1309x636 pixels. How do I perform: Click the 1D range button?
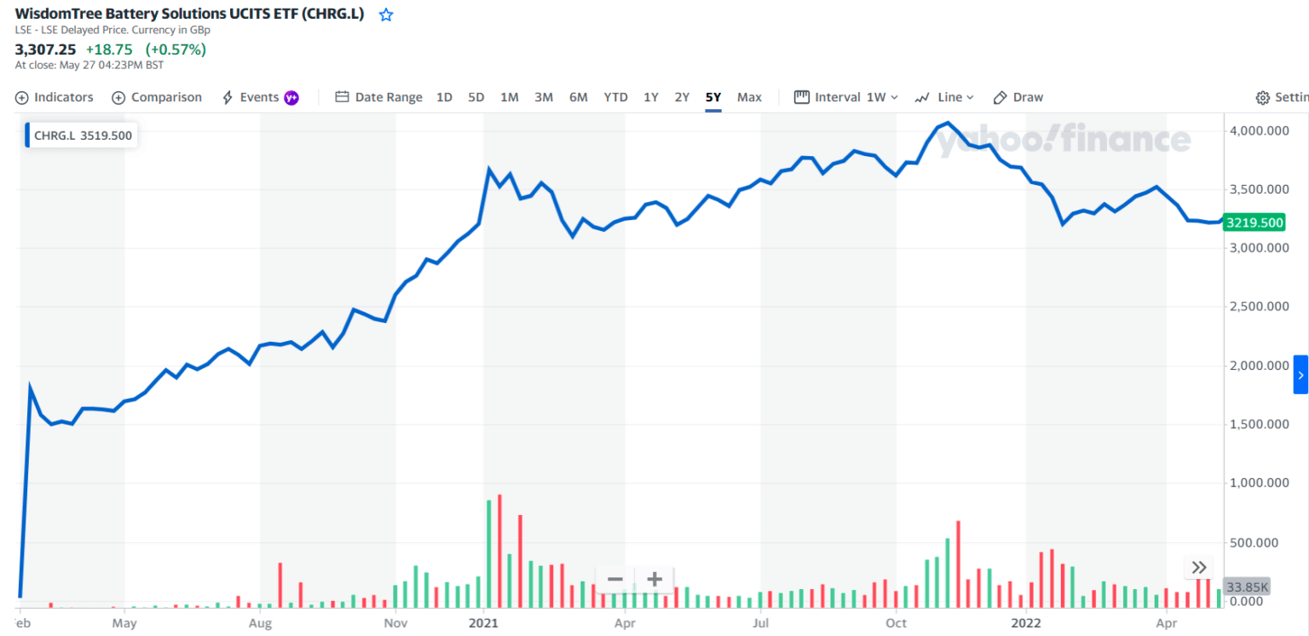click(x=444, y=97)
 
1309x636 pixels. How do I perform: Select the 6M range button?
click(x=578, y=97)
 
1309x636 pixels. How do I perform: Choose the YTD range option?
click(x=615, y=97)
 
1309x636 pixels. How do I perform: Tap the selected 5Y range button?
click(x=713, y=97)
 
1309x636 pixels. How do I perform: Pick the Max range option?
click(x=749, y=97)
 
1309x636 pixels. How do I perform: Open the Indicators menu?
click(x=55, y=97)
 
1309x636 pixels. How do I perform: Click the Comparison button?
click(x=157, y=97)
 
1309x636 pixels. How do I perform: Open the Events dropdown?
click(x=259, y=97)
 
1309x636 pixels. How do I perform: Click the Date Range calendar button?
click(x=378, y=97)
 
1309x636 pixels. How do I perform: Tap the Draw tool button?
click(x=1018, y=97)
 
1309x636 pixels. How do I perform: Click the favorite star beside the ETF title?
click(x=386, y=14)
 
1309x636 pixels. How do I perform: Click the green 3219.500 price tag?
click(x=1254, y=223)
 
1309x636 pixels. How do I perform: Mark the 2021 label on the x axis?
click(x=483, y=622)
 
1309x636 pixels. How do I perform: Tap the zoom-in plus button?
click(x=654, y=580)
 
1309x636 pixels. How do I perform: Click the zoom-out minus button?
click(x=615, y=580)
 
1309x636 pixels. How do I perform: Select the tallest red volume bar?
click(x=499, y=551)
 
